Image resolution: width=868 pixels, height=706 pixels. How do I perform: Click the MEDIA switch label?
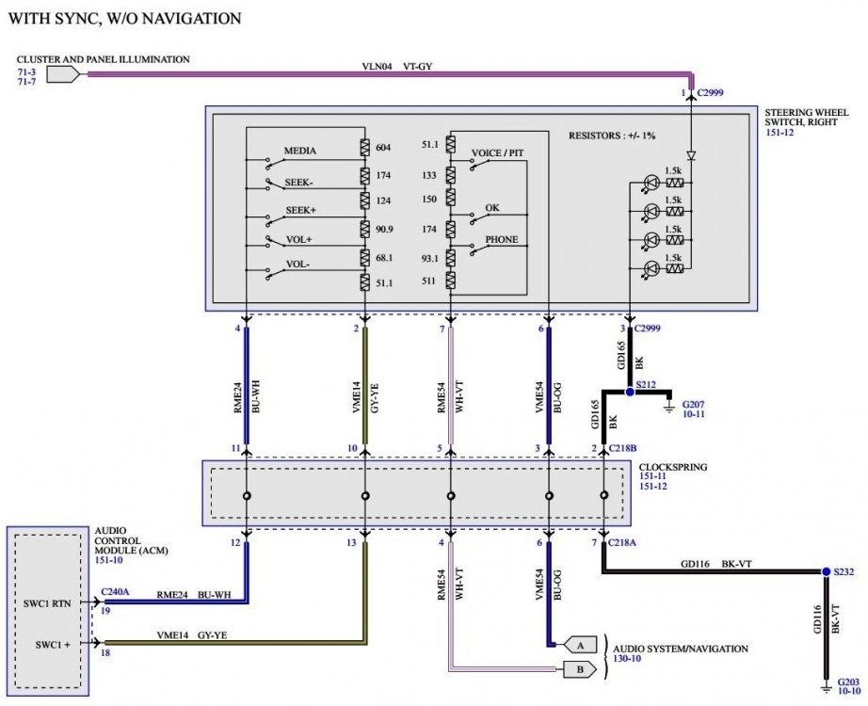[x=300, y=151]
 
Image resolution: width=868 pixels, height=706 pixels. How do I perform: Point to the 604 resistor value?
[x=383, y=147]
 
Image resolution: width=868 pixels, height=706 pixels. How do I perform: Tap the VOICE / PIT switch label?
[x=497, y=152]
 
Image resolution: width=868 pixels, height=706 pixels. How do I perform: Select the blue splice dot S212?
[x=630, y=392]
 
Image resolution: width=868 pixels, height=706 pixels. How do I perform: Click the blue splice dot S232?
[x=826, y=571]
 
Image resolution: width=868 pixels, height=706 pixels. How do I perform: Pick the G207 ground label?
[x=693, y=405]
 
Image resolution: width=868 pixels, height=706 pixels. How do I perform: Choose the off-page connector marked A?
[x=580, y=645]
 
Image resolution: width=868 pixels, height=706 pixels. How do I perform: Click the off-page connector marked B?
[x=580, y=669]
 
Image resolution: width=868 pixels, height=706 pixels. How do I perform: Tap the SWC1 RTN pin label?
[x=47, y=603]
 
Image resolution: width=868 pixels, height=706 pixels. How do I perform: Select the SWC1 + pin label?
[x=53, y=645]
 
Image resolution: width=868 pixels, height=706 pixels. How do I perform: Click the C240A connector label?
[x=115, y=591]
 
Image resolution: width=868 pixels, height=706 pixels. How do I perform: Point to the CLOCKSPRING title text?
[x=672, y=467]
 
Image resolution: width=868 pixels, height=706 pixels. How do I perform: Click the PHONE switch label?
[x=502, y=240]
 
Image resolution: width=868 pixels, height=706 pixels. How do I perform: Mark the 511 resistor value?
[x=428, y=281]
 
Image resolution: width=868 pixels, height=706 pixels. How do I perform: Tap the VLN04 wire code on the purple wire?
[x=377, y=67]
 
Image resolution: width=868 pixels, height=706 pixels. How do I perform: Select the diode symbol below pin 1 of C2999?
[x=691, y=155]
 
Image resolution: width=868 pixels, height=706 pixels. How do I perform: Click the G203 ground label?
[x=848, y=682]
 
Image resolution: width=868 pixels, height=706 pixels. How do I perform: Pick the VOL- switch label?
[x=297, y=265]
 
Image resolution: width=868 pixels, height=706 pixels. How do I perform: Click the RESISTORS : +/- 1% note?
[x=612, y=136]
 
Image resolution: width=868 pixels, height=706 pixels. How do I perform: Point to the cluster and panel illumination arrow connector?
[x=62, y=74]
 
